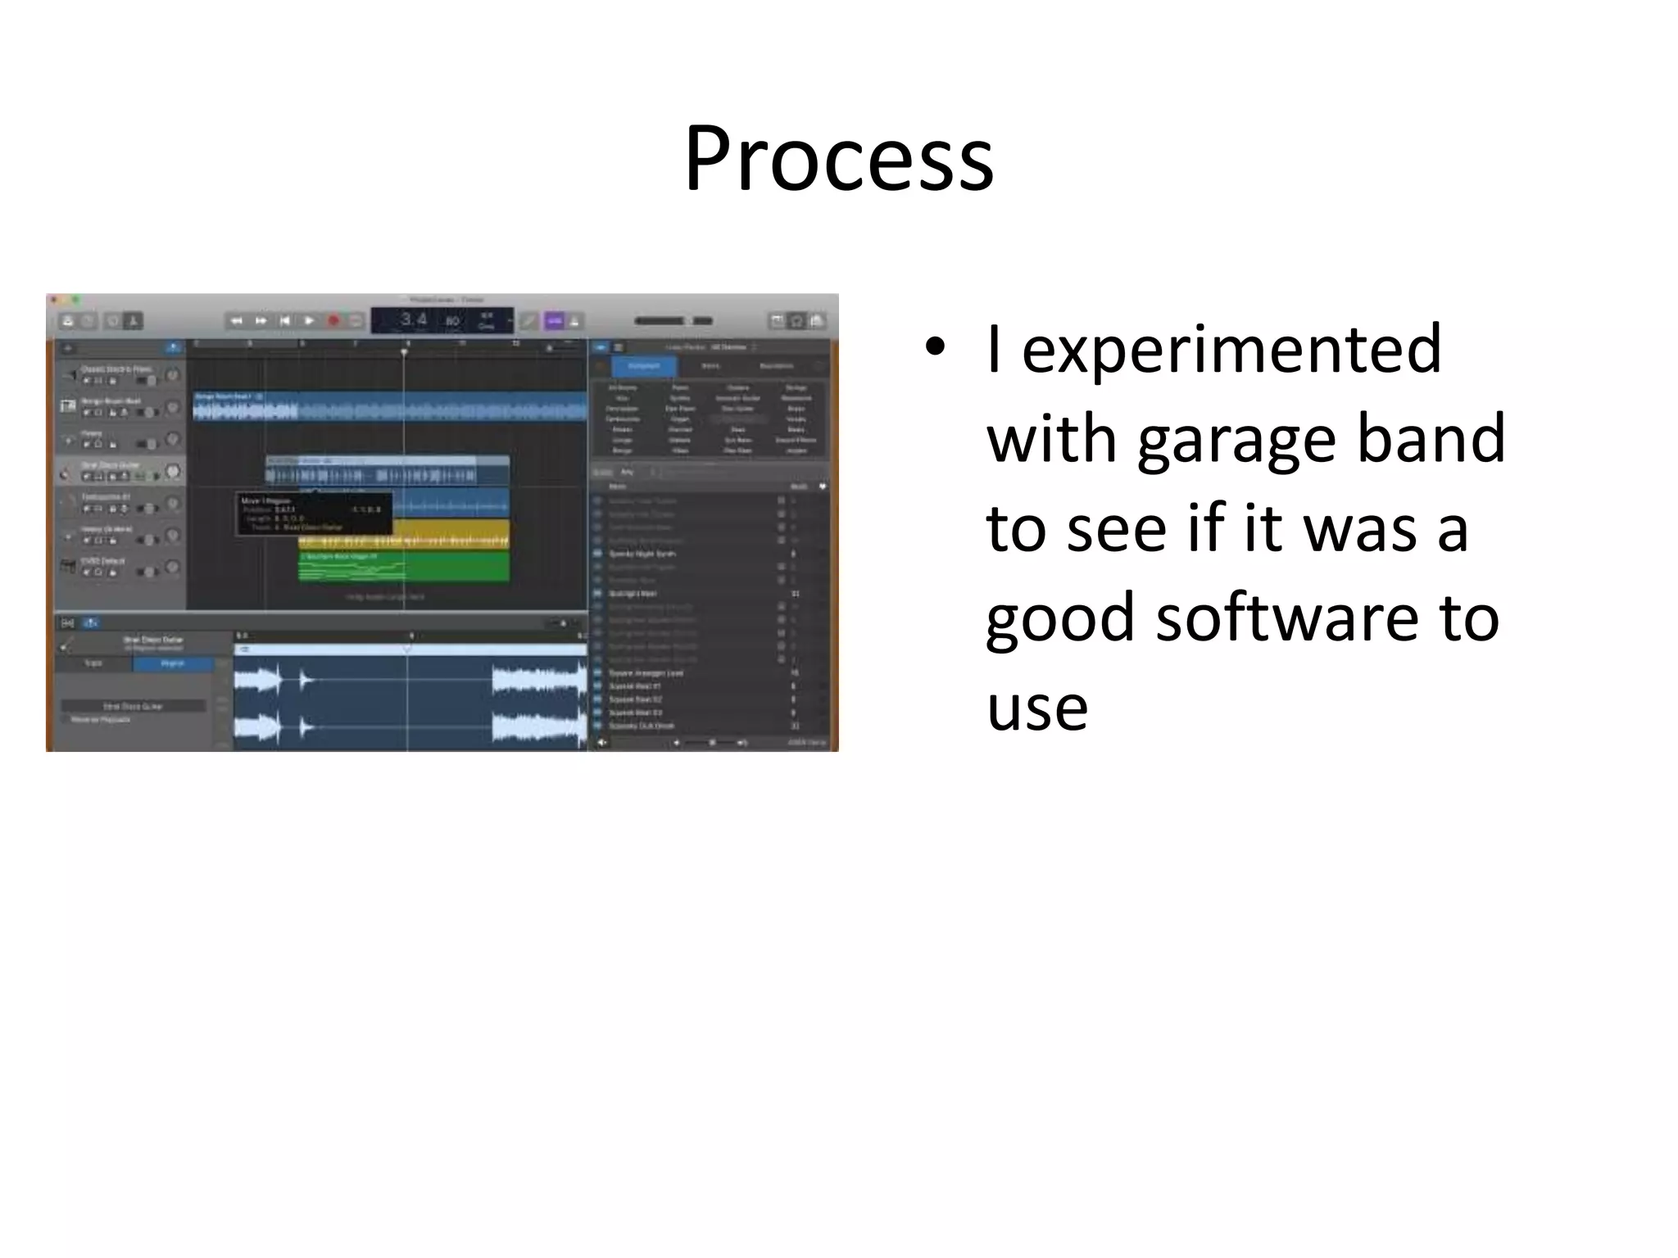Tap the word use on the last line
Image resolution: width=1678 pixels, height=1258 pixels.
(1036, 708)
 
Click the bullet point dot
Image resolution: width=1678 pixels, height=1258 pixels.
(935, 347)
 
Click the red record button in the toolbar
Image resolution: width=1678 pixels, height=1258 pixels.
(333, 321)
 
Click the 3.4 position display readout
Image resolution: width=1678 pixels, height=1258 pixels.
(414, 319)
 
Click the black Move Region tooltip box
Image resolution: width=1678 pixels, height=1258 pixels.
(314, 514)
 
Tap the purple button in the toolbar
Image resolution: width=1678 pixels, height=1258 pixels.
(555, 321)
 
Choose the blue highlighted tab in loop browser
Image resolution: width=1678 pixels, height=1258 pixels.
(644, 366)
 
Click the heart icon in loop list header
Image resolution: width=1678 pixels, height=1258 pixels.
(822, 486)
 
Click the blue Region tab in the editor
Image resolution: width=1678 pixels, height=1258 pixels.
(172, 663)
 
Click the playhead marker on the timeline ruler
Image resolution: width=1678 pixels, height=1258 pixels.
(404, 352)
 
